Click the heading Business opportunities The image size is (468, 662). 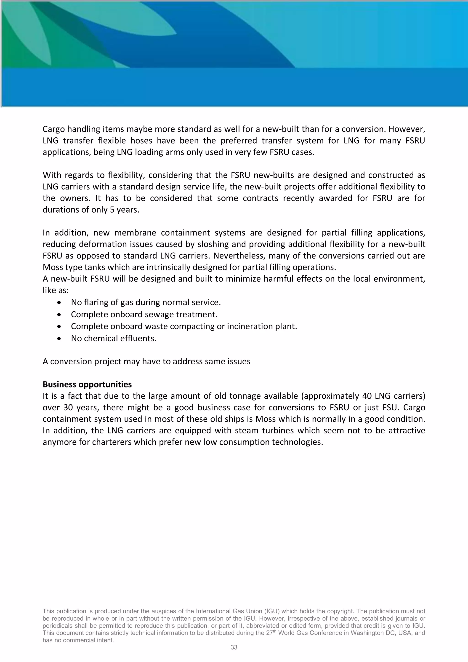click(87, 384)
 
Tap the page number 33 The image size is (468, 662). click(234, 647)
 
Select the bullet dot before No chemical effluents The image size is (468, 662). click(59, 339)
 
